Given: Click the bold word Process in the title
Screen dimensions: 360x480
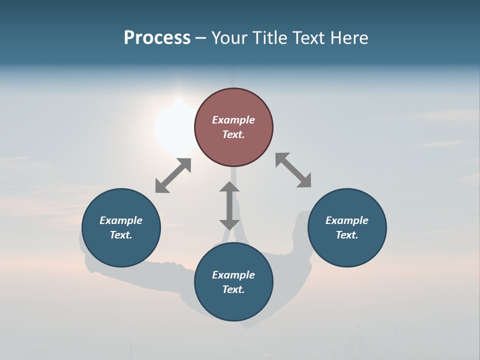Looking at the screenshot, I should (x=157, y=38).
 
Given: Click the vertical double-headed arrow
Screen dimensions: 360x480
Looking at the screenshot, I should (x=229, y=205).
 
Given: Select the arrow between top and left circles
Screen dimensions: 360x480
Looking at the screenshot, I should (x=173, y=175).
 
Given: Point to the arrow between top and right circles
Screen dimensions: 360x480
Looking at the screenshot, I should (x=293, y=170).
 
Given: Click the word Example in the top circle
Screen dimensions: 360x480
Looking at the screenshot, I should (x=233, y=120).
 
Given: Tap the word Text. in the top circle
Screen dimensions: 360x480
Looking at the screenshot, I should (x=233, y=134).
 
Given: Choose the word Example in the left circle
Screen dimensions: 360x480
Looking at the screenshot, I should (x=121, y=220).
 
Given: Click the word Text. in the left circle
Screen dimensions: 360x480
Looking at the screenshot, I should (x=121, y=235).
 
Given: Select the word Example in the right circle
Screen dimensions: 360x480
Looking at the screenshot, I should (x=347, y=220).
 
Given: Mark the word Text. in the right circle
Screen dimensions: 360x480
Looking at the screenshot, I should (x=347, y=235).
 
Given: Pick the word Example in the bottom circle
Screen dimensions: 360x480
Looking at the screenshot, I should (x=233, y=275).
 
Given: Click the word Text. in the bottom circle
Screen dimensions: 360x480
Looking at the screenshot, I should (x=233, y=289).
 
